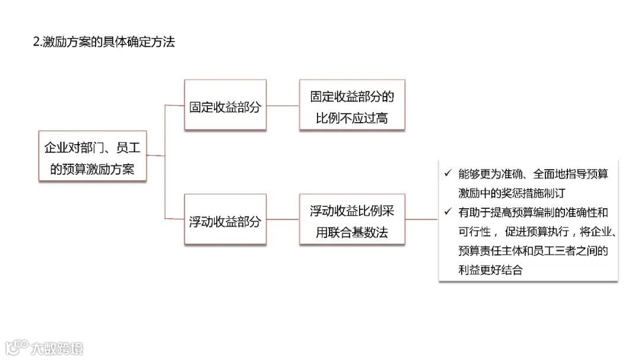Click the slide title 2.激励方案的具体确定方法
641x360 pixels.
[104, 42]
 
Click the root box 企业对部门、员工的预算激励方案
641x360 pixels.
[92, 156]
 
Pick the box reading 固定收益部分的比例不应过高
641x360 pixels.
[352, 105]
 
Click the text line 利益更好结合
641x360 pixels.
[490, 269]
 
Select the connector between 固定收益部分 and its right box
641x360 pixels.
[283, 106]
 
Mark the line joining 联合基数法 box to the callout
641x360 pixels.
[421, 219]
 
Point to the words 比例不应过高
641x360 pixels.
[352, 117]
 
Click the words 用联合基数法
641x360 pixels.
[352, 232]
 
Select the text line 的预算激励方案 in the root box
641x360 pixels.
[92, 168]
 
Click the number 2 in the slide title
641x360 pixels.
[36, 43]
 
